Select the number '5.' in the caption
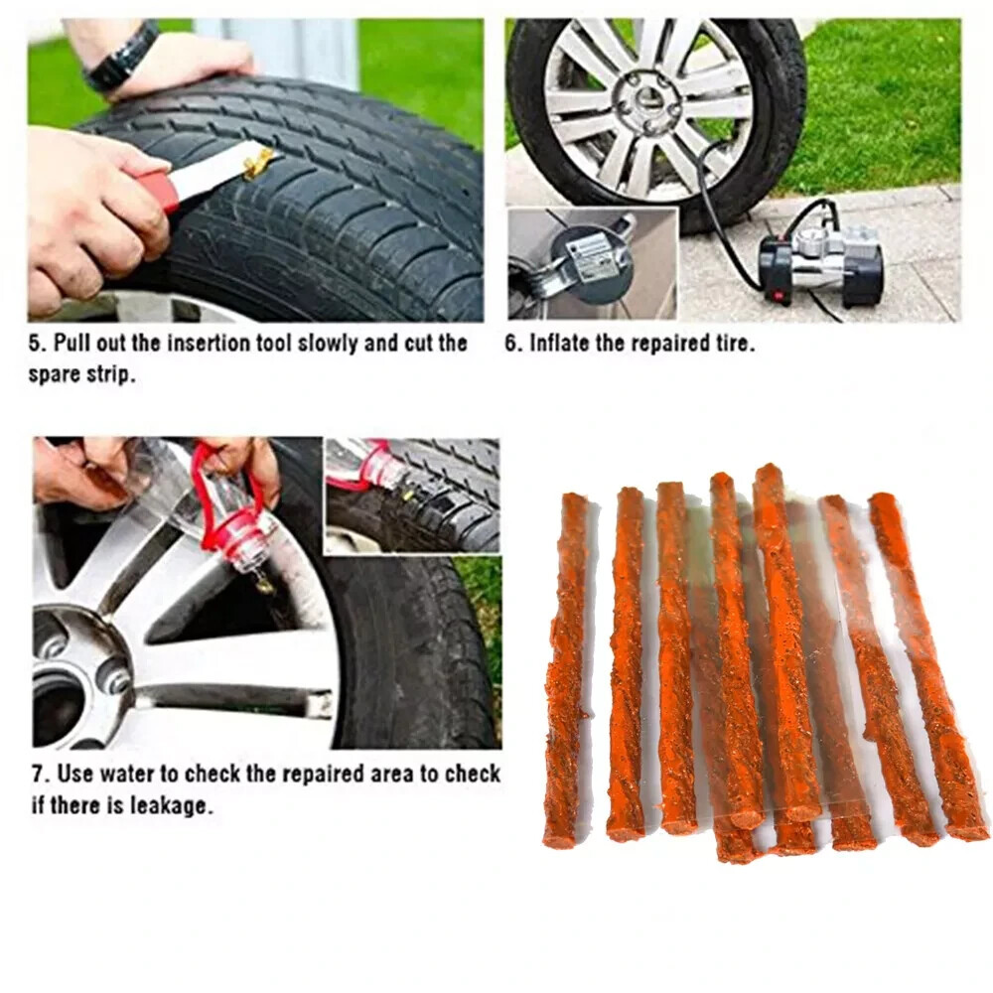[36, 345]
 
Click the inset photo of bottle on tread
[411, 495]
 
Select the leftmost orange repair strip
[566, 670]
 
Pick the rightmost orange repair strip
[928, 665]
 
